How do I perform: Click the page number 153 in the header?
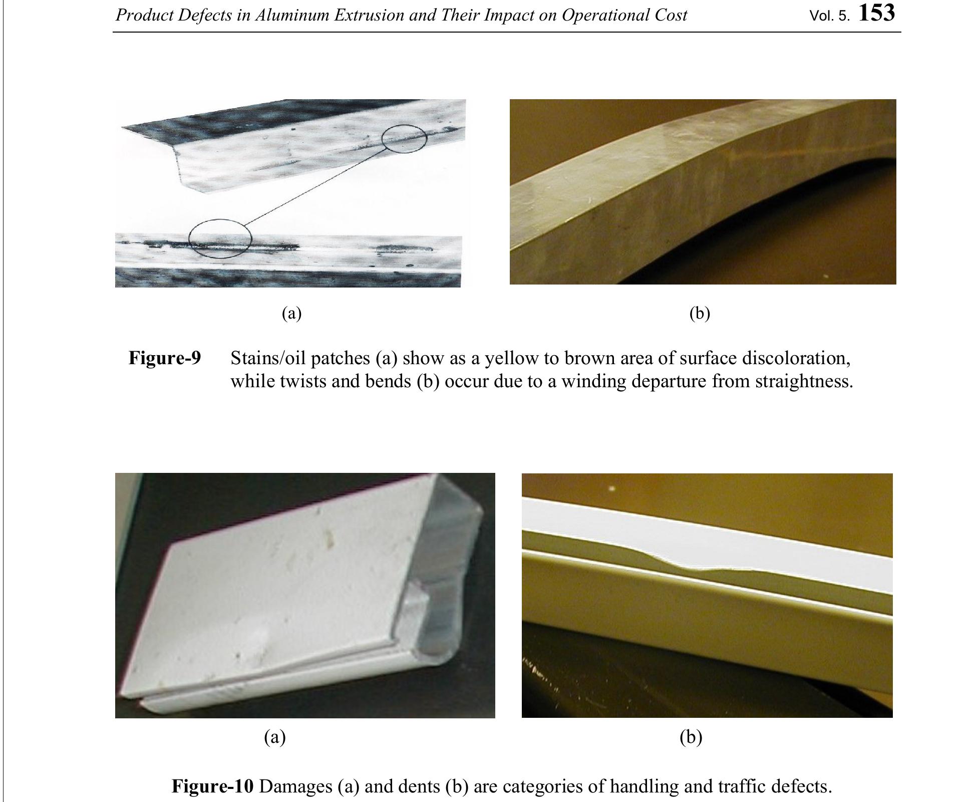click(876, 13)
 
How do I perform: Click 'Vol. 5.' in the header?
click(829, 16)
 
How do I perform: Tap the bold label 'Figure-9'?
click(165, 358)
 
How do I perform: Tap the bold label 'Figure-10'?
click(213, 785)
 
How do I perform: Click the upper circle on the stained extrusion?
click(404, 138)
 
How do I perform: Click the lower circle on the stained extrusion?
click(220, 238)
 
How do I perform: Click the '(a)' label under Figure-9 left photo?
click(291, 314)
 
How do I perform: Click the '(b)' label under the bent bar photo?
click(699, 314)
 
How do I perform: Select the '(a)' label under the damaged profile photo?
click(274, 737)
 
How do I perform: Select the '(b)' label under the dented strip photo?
click(691, 737)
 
